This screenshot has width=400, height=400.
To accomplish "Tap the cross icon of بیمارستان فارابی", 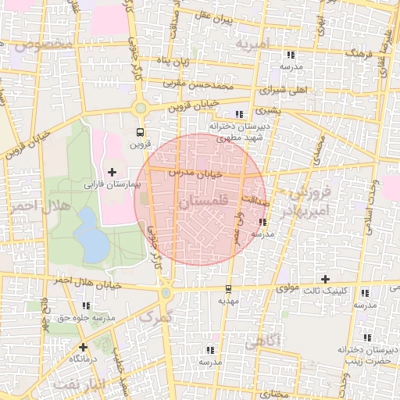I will tap(112, 172).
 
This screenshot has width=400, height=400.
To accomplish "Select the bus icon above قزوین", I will tap(140, 132).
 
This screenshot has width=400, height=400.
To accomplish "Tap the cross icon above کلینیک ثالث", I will tap(326, 279).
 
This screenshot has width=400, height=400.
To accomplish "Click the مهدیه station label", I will tap(227, 300).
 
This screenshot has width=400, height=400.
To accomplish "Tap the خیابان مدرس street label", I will tap(196, 171).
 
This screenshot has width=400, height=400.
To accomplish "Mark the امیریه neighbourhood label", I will tap(255, 43).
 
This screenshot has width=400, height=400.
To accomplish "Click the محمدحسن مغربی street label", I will tap(198, 84).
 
